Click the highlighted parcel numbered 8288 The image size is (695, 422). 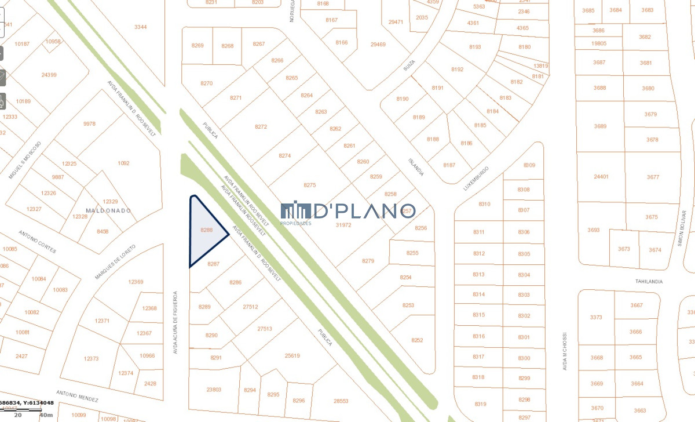pos(206,231)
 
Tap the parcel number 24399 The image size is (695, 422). pos(49,75)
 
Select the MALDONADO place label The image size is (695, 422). pos(108,210)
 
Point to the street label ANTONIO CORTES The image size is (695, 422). pos(37,242)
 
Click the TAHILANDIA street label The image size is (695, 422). pos(649,282)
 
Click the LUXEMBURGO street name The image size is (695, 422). pos(477,179)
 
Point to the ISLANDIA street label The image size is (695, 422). pos(416,167)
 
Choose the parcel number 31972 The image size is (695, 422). pos(343,225)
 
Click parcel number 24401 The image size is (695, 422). pos(601,177)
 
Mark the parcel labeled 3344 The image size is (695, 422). pos(140,27)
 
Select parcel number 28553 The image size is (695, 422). pos(341,401)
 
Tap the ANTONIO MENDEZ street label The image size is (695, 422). pos(77,396)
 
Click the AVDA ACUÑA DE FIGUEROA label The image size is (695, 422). pos(175,322)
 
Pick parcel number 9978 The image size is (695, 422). pos(89,123)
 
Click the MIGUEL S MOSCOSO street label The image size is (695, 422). pos(25,159)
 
